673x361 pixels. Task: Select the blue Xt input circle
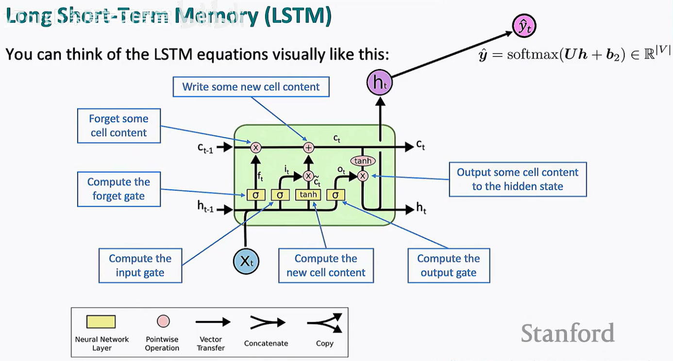tap(246, 261)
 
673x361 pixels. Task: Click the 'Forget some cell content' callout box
tap(119, 126)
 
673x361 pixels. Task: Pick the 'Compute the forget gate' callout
tap(119, 189)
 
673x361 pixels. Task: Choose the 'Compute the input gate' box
tap(140, 266)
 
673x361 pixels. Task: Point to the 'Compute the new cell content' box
tap(326, 266)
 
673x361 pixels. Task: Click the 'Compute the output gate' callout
tap(449, 266)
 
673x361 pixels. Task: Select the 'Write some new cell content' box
tap(251, 87)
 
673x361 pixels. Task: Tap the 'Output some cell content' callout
tap(518, 179)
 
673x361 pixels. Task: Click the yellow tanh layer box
tap(308, 195)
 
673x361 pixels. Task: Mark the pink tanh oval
tap(363, 161)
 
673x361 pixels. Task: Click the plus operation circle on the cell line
tap(308, 147)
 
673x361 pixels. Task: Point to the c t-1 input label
tap(205, 147)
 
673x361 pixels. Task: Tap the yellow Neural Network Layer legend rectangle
tap(101, 322)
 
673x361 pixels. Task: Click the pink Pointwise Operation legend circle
tap(164, 322)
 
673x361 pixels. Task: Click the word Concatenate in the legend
tap(266, 343)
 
